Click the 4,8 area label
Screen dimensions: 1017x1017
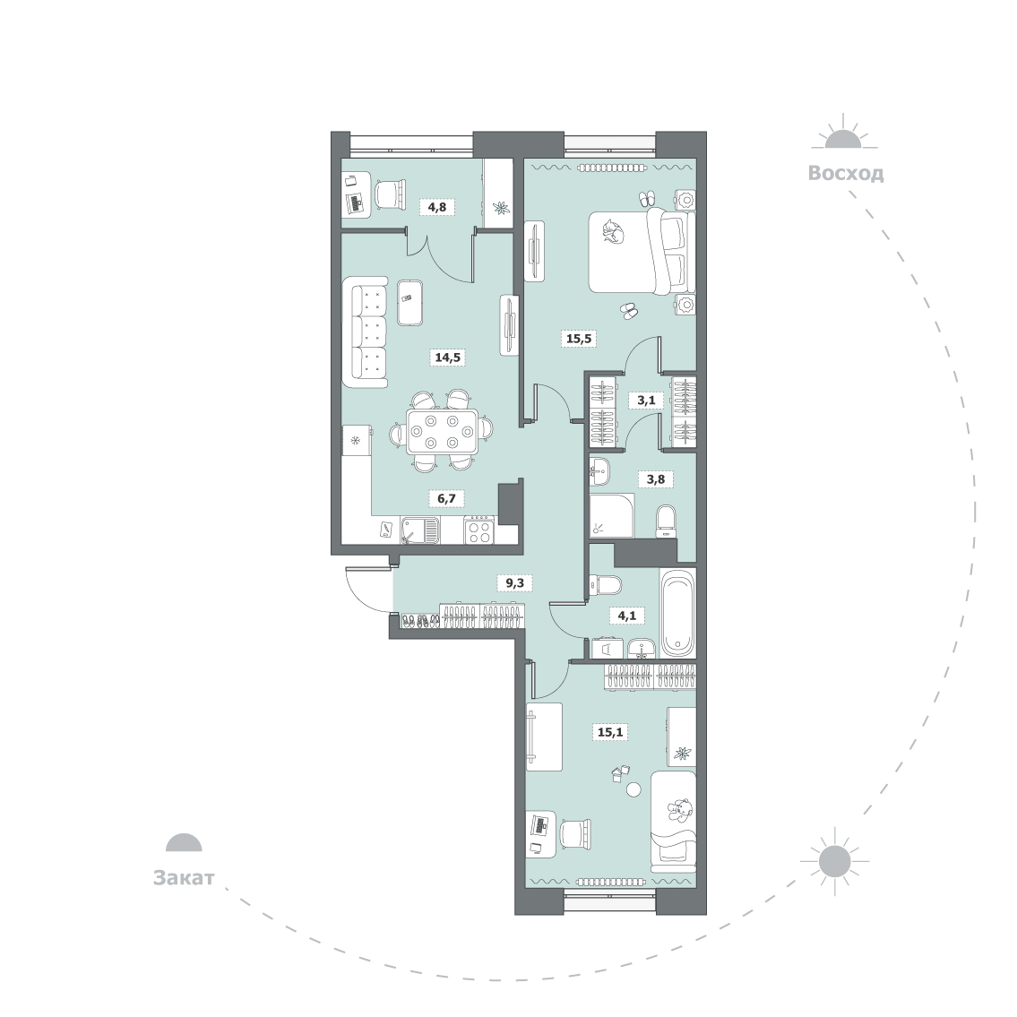pyautogui.click(x=437, y=208)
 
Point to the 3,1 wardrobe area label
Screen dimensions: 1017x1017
pyautogui.click(x=646, y=401)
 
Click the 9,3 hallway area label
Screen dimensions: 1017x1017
pyautogui.click(x=514, y=583)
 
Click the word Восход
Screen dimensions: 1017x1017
pyautogui.click(x=846, y=174)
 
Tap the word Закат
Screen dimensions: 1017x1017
pyautogui.click(x=184, y=877)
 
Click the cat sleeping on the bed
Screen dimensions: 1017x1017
pyautogui.click(x=613, y=231)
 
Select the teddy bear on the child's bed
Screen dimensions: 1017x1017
pyautogui.click(x=679, y=810)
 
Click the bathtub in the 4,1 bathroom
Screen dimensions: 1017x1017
pyautogui.click(x=677, y=613)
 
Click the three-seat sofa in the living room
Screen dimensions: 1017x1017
pyautogui.click(x=365, y=332)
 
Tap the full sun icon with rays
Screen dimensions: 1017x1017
pyautogui.click(x=834, y=861)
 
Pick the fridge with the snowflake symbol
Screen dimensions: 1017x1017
pyautogui.click(x=356, y=441)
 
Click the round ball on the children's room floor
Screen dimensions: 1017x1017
pyautogui.click(x=633, y=789)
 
